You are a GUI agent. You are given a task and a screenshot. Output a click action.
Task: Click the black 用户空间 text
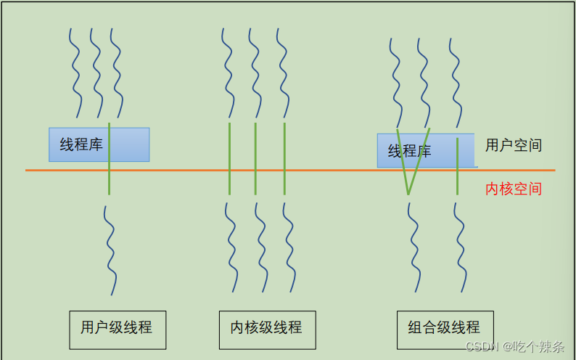coord(514,145)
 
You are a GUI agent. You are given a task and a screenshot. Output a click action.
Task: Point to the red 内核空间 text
coord(514,189)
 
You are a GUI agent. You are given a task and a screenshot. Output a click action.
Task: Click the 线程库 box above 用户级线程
coord(81,144)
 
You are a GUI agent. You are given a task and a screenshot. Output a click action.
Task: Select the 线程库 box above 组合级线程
coord(410,151)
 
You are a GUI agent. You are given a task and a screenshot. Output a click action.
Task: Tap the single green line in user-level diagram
coord(110,181)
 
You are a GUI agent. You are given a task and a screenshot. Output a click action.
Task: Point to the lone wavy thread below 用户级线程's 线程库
coord(110,250)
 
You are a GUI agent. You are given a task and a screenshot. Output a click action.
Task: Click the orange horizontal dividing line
coord(218,170)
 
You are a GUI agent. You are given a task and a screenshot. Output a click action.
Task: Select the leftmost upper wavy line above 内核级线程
coord(228,73)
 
